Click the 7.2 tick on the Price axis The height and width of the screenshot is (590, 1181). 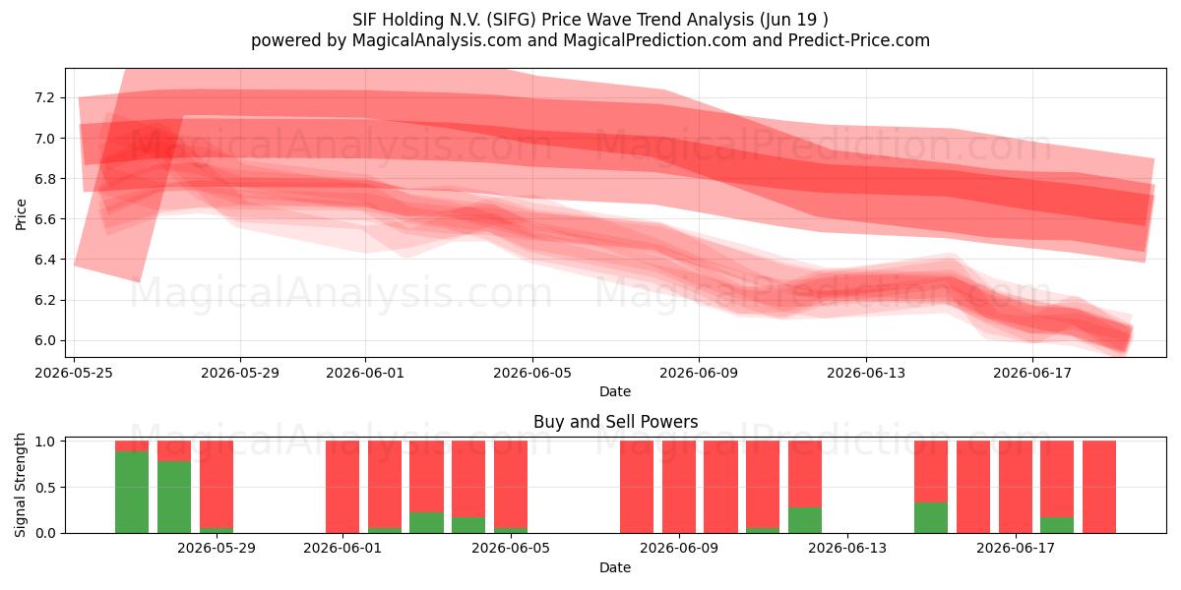pos(44,98)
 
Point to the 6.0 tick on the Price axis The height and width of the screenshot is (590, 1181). pos(44,341)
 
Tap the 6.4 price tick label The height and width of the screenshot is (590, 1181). pos(44,260)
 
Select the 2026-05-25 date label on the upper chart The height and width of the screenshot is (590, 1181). pos(74,373)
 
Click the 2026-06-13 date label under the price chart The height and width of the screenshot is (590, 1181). pos(866,373)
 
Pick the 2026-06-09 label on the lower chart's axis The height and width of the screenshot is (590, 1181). pos(679,549)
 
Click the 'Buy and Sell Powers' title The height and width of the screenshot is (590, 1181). pos(615,422)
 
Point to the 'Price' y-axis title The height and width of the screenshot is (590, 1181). pos(21,214)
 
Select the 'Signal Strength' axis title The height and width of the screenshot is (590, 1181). pos(20,485)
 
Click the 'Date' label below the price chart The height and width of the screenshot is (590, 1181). pos(615,391)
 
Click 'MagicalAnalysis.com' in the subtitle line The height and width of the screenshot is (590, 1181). pos(437,40)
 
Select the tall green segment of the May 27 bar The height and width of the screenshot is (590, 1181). pos(132,492)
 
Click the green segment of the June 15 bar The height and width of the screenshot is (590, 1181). pos(931,518)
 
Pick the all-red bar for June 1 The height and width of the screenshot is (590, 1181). pos(342,487)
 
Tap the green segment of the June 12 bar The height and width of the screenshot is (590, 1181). pos(805,520)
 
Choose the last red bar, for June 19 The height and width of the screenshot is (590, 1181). pos(1098,487)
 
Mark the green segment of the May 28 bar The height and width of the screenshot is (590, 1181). pos(174,497)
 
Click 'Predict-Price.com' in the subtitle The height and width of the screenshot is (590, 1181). pos(859,40)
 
